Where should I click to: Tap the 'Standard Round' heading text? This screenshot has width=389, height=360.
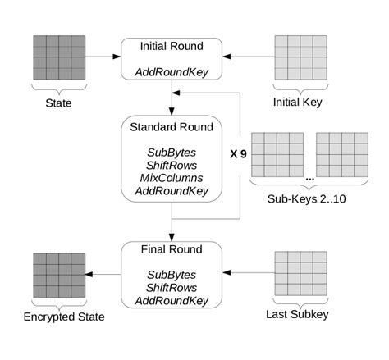pyautogui.click(x=172, y=127)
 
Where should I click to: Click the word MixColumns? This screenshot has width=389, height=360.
pyautogui.click(x=171, y=178)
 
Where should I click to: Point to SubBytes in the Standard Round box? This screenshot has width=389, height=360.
pyautogui.click(x=171, y=152)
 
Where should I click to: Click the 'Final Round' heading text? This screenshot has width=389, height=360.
pyautogui.click(x=171, y=250)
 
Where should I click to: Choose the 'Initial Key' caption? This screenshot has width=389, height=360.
pyautogui.click(x=299, y=103)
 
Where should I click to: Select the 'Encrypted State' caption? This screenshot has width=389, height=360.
pyautogui.click(x=58, y=315)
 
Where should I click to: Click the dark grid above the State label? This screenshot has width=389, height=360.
pyautogui.click(x=58, y=58)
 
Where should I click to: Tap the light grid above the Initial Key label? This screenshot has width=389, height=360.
pyautogui.click(x=299, y=58)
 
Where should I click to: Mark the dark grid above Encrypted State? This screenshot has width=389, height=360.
pyautogui.click(x=58, y=274)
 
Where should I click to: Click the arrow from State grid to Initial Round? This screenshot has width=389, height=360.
pyautogui.click(x=102, y=57)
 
